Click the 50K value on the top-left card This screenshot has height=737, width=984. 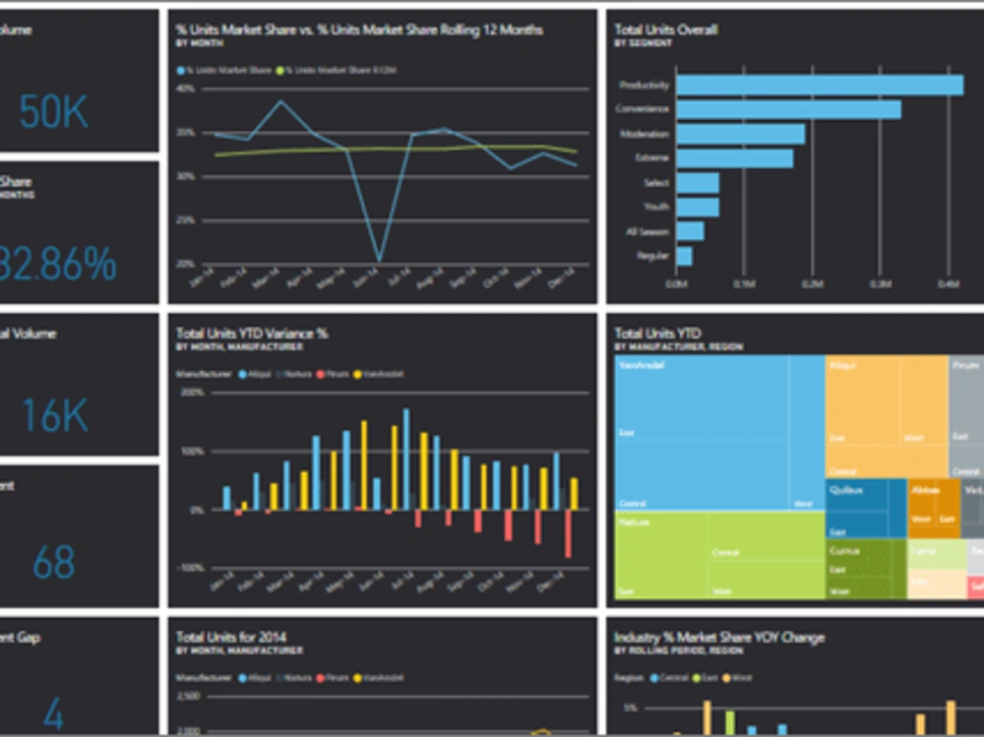point(54,112)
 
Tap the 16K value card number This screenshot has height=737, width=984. point(55,416)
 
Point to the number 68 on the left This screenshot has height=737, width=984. point(54,563)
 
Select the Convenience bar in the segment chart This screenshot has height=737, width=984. point(787,110)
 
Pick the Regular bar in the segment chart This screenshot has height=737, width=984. point(684,256)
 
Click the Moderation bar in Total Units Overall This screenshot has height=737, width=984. point(740,134)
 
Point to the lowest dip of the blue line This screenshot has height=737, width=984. point(379,261)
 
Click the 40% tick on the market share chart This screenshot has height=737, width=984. point(185,89)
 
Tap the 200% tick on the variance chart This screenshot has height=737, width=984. point(191,392)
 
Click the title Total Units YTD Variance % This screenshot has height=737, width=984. point(252,334)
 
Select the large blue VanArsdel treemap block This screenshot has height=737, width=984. point(704,433)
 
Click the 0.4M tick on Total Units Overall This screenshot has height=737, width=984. point(948,284)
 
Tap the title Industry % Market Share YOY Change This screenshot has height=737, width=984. point(719,638)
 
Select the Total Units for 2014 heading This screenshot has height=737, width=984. point(231,638)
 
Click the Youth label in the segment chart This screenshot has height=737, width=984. point(656,208)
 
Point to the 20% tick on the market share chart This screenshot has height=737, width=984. point(185,264)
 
